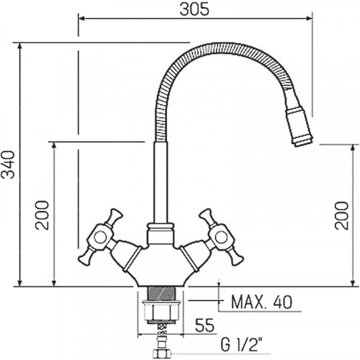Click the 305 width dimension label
click(x=194, y=10)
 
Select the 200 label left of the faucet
click(x=42, y=215)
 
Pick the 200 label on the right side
click(x=341, y=215)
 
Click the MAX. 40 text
click(x=262, y=302)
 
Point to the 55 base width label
click(x=204, y=325)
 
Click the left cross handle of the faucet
click(x=101, y=237)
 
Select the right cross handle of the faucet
click(x=220, y=237)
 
